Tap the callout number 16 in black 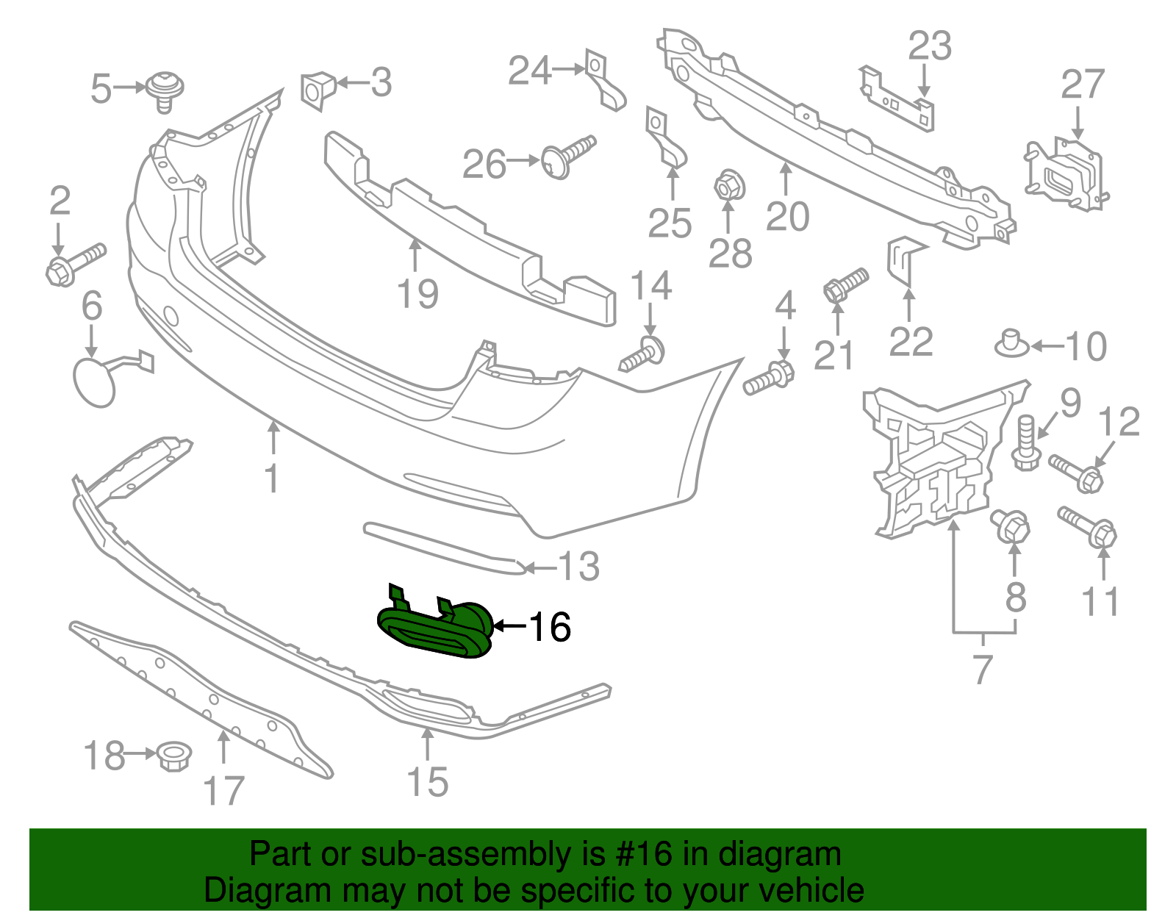(x=550, y=627)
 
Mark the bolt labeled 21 (x=845, y=285)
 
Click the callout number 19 (x=417, y=294)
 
